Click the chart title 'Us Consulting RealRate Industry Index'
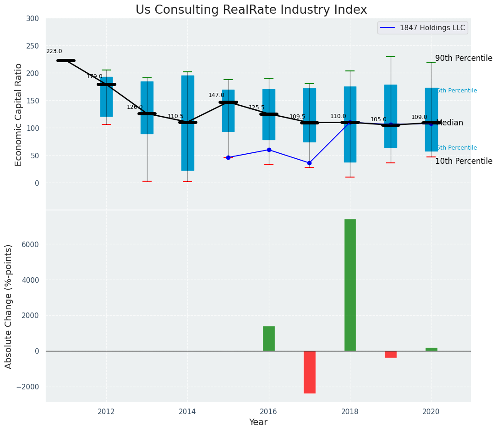[x=251, y=10]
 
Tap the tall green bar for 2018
[x=350, y=285]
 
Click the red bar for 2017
[x=309, y=372]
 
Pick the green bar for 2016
[x=269, y=339]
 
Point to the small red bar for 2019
[x=391, y=354]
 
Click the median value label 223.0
[x=54, y=52]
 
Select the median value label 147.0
[x=216, y=95]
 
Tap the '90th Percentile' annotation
[x=464, y=59]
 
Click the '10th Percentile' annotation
[x=464, y=162]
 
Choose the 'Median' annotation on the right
[x=449, y=123]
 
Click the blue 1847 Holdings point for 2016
[x=269, y=150]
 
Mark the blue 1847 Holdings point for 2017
[x=309, y=163]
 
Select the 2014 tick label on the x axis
[x=187, y=411]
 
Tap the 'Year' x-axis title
[x=258, y=422]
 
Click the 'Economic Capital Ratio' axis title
[x=19, y=114]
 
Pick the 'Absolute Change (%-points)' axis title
[x=9, y=306]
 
